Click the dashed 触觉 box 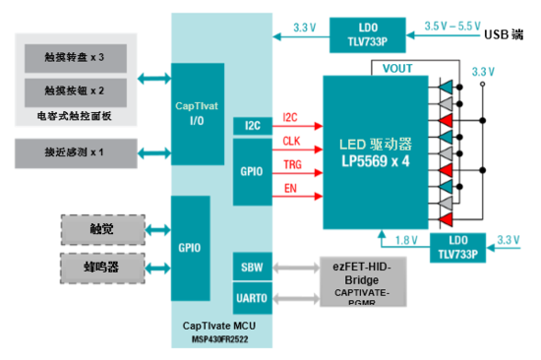click(x=102, y=228)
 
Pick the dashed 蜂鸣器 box click(x=102, y=266)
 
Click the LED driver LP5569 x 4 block click(x=375, y=152)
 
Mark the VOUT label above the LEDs click(x=398, y=68)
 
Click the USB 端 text click(x=508, y=34)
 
